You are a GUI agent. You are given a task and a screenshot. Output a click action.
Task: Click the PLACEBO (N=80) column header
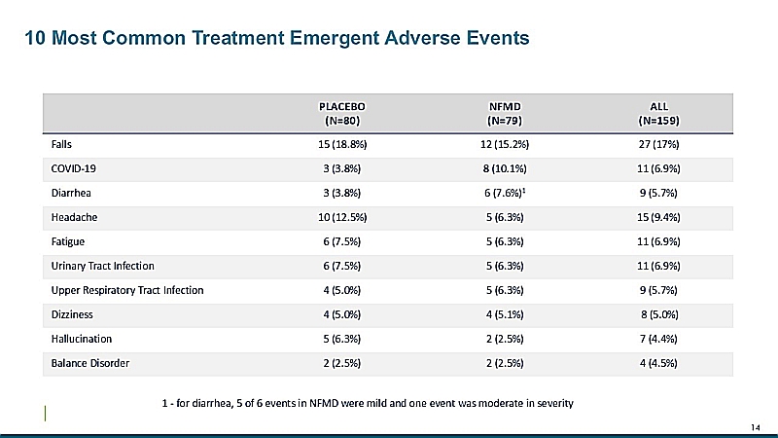coord(342,114)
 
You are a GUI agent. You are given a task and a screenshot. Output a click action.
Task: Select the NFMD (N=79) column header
coord(505,114)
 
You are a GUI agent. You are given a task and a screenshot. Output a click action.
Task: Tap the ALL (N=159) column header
coord(658,114)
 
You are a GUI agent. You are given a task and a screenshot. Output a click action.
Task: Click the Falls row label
coord(61,144)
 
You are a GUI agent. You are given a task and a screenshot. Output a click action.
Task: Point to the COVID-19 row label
coord(74,168)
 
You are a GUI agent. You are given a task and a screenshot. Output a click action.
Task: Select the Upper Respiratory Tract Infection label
coord(127,290)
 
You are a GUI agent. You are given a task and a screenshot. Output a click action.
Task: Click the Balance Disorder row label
coord(89,363)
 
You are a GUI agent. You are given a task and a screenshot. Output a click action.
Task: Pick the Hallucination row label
coord(82,339)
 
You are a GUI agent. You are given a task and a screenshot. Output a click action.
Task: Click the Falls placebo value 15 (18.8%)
coord(342,144)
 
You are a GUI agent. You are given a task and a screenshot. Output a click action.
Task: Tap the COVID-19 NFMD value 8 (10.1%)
coord(505,168)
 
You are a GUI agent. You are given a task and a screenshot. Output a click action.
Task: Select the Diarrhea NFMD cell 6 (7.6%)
coord(505,193)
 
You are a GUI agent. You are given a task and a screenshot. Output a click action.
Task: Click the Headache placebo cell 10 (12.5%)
coord(342,217)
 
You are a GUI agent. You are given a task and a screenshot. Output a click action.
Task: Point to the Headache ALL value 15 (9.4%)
coord(658,217)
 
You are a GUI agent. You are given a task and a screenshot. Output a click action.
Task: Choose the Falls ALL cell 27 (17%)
coord(658,144)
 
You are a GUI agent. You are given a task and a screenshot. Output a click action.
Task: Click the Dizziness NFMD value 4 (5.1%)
coord(505,314)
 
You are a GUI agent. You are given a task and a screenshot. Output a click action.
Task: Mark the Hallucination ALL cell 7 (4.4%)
coord(658,339)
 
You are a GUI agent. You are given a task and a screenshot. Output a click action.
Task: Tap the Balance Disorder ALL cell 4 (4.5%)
coord(658,363)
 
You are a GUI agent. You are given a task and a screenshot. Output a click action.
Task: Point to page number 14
coord(756,427)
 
